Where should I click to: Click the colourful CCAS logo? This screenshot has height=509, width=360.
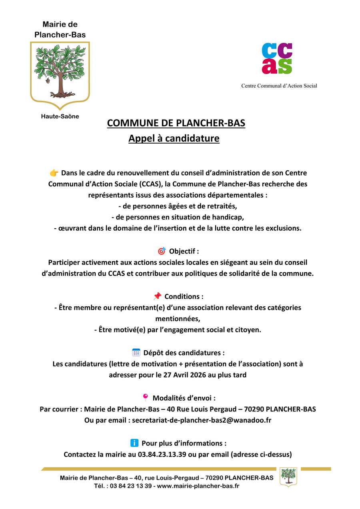point(277,58)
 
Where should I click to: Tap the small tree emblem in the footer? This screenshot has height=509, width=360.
point(288,476)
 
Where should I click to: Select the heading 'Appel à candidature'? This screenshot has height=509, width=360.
point(174,139)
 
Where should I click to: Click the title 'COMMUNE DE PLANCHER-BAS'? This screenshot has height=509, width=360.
point(176,123)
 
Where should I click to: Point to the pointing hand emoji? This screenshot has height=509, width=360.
point(54,173)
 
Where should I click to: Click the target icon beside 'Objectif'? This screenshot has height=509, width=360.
point(162,251)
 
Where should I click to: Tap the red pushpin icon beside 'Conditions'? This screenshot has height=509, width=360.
point(157,296)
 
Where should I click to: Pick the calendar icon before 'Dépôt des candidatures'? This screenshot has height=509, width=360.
point(136,353)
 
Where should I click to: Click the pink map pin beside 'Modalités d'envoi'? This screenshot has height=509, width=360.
point(145,397)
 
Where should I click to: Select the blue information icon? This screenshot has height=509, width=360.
point(134,443)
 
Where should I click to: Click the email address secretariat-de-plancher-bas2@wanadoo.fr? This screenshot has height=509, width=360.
point(202,420)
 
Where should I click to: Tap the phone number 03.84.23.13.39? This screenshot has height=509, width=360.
point(162,454)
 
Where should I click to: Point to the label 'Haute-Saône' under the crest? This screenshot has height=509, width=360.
point(60,116)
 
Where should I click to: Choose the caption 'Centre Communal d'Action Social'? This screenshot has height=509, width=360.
point(279,86)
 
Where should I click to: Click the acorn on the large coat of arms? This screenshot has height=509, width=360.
point(48,81)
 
